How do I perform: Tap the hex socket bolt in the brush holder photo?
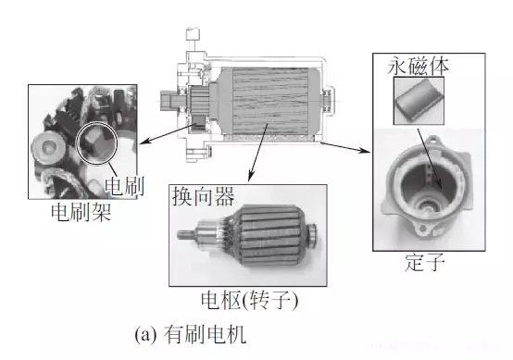click(x=47, y=145)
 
